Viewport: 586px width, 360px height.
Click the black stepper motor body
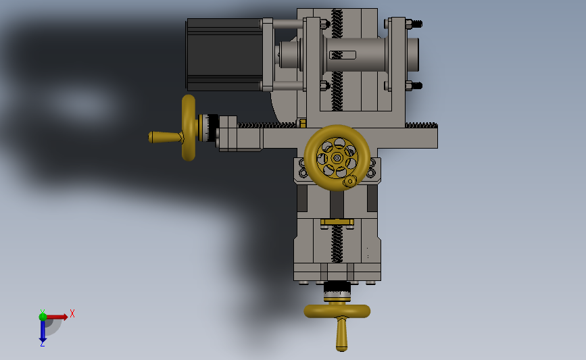pyautogui.click(x=224, y=55)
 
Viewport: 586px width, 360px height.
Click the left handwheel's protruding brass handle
pyautogui.click(x=165, y=137)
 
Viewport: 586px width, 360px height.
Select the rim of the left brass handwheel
pyautogui.click(x=189, y=128)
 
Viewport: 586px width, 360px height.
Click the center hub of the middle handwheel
pyautogui.click(x=337, y=158)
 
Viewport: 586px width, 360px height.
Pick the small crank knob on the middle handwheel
pyautogui.click(x=350, y=182)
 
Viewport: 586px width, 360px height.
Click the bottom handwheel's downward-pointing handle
pyautogui.click(x=341, y=334)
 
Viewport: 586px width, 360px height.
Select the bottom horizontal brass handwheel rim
pyautogui.click(x=337, y=311)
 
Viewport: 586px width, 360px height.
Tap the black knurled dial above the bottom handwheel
pyautogui.click(x=337, y=287)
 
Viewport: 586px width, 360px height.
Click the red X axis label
pyautogui.click(x=72, y=313)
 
